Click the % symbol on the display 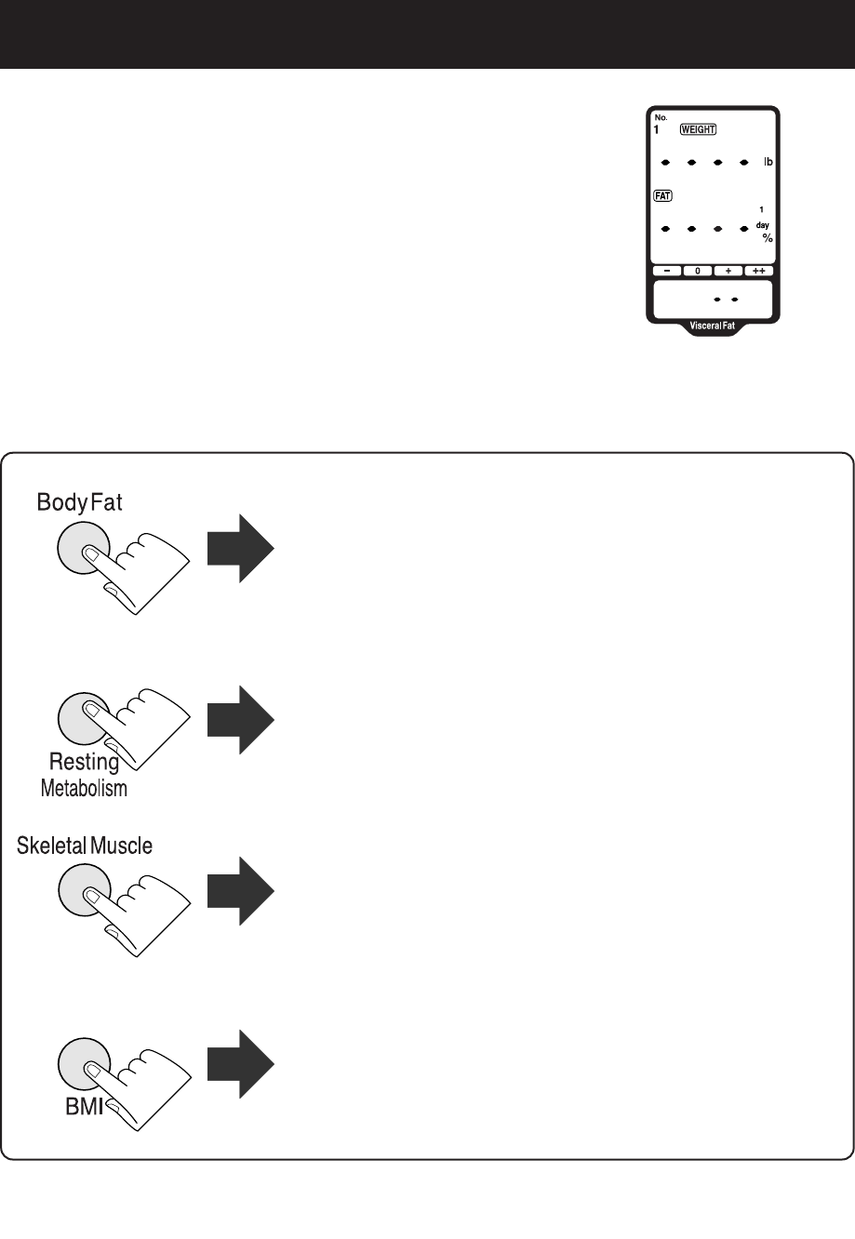[x=768, y=238]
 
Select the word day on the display [x=762, y=225]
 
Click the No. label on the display [x=660, y=118]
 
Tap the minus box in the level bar [x=666, y=271]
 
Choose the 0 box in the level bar [x=698, y=271]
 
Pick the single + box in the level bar [x=728, y=271]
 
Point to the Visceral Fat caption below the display [x=714, y=326]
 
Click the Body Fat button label [x=80, y=502]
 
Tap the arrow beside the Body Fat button [x=240, y=548]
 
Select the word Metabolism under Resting [x=84, y=790]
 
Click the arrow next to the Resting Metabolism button [x=240, y=719]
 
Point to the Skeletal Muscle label [x=85, y=846]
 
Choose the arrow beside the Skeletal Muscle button [x=240, y=891]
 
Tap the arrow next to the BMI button [x=240, y=1063]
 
